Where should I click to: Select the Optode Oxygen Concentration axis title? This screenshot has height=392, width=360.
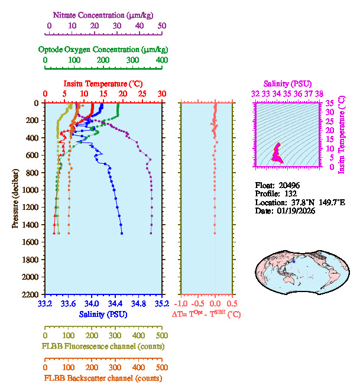(102, 49)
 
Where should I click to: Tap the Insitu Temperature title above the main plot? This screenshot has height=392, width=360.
(103, 84)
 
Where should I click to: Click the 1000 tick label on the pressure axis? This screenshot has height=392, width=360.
(31, 190)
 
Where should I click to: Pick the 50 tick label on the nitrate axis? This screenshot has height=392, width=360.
(162, 26)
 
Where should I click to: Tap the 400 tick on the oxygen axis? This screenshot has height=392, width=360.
(161, 60)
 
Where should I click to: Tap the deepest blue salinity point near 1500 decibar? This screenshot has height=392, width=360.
(122, 234)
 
